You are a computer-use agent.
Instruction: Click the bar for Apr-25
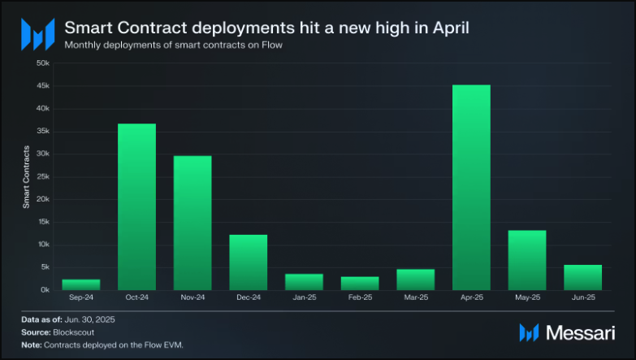(x=471, y=187)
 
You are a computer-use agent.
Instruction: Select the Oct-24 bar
(x=136, y=206)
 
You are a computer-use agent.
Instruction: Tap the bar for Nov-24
(x=193, y=223)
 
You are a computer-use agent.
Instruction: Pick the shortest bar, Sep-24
(x=81, y=284)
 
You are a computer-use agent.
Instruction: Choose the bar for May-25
(x=527, y=260)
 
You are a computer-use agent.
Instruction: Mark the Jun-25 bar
(x=582, y=277)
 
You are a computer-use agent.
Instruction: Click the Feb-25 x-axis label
(x=360, y=298)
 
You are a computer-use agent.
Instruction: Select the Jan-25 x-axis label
(x=304, y=298)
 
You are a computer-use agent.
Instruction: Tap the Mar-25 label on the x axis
(x=416, y=298)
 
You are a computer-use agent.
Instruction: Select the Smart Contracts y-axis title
(x=26, y=176)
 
